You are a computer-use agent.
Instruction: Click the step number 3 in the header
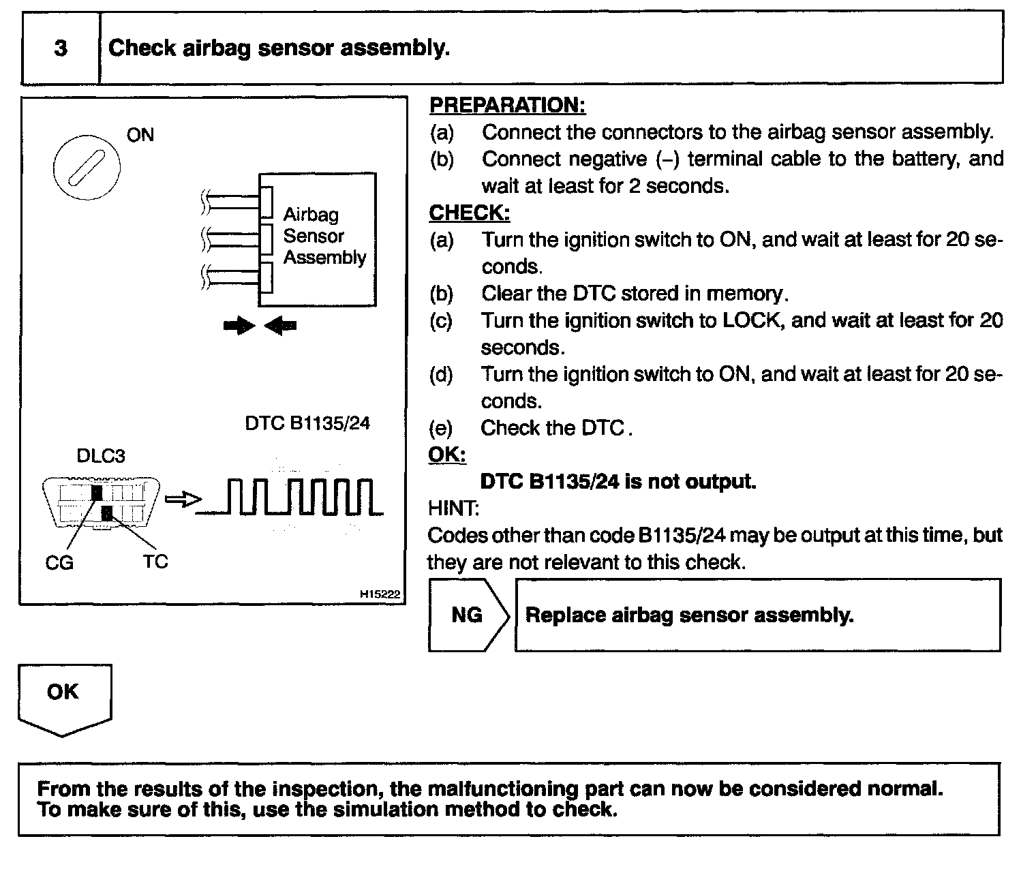[x=61, y=48]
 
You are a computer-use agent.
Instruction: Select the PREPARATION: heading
[x=507, y=105]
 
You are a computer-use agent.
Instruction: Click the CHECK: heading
[x=469, y=213]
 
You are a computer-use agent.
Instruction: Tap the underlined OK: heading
[x=446, y=455]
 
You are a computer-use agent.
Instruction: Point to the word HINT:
[x=453, y=508]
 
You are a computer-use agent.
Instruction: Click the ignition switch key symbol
[x=87, y=166]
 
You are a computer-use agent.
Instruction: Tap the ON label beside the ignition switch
[x=140, y=135]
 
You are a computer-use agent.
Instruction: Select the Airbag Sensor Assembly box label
[x=324, y=236]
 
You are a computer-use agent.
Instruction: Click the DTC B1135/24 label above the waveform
[x=307, y=423]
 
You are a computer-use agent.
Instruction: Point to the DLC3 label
[x=101, y=456]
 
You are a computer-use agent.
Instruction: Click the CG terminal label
[x=59, y=563]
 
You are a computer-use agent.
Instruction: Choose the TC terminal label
[x=155, y=562]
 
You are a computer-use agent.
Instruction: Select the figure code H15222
[x=380, y=594]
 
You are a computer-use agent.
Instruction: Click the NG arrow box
[x=468, y=615]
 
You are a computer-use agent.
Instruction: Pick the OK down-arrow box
[x=64, y=698]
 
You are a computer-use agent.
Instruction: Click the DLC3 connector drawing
[x=102, y=503]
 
